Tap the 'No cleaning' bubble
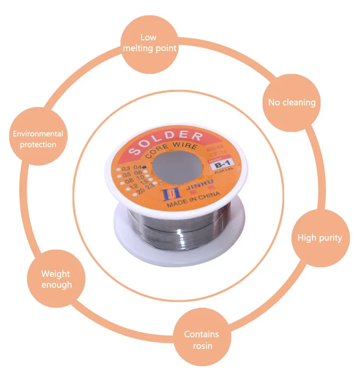[x=292, y=102]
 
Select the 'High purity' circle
[x=319, y=238]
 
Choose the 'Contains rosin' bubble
[x=201, y=339]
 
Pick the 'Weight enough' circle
[x=56, y=279]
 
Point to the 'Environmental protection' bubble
[x=38, y=139]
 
